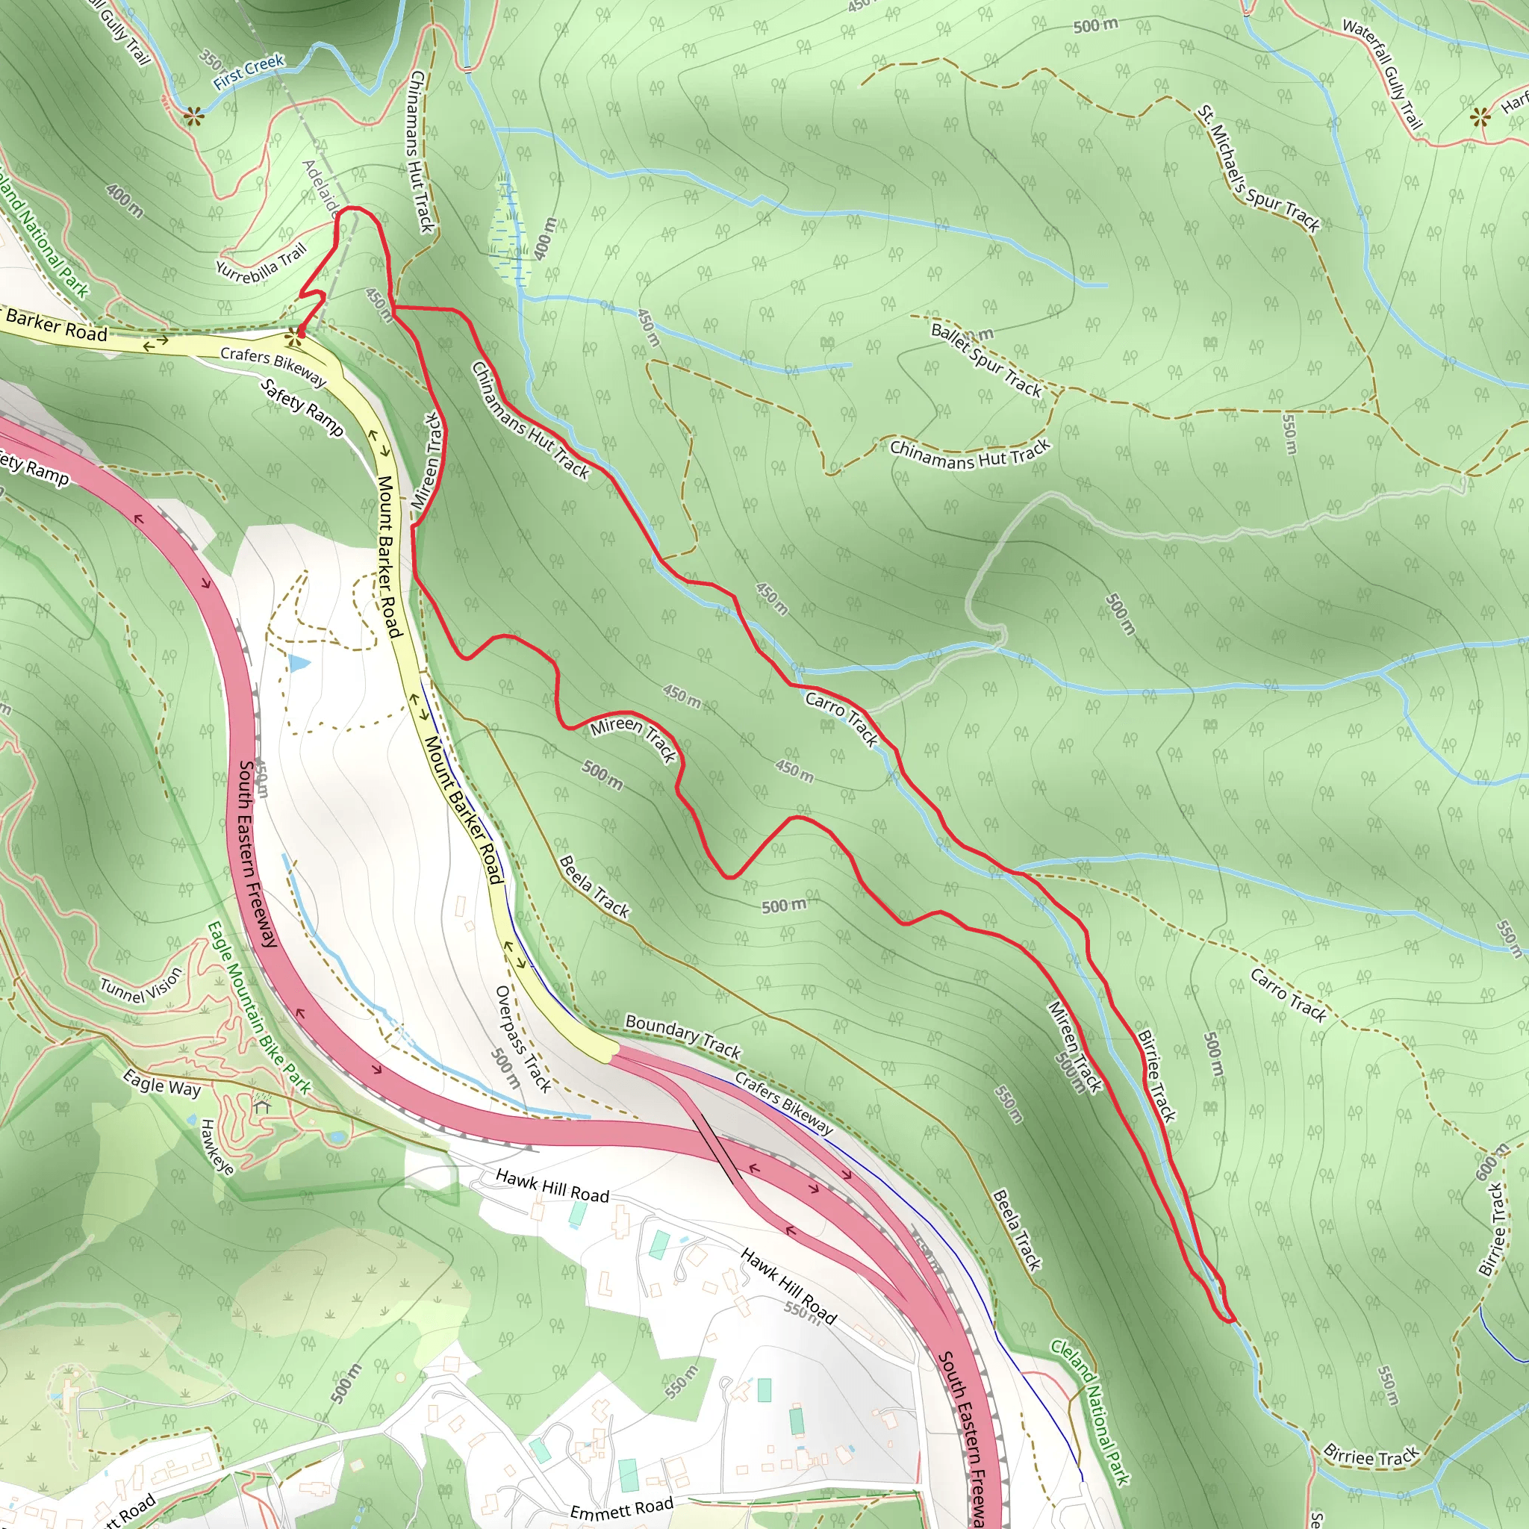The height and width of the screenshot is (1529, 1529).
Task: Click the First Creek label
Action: [x=248, y=71]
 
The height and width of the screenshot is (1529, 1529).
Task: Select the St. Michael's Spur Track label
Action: [x=1257, y=169]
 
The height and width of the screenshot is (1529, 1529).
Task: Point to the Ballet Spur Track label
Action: [x=986, y=359]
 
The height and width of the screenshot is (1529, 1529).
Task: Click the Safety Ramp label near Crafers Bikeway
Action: [x=302, y=408]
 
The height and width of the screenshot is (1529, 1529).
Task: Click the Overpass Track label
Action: [x=523, y=1038]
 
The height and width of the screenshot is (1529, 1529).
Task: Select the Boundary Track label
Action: [x=683, y=1037]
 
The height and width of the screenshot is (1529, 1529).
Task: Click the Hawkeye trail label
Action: [x=216, y=1147]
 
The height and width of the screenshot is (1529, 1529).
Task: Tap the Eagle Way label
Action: [x=161, y=1083]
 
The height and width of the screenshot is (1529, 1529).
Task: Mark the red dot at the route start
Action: [x=301, y=334]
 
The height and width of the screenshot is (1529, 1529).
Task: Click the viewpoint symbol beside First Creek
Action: [x=193, y=118]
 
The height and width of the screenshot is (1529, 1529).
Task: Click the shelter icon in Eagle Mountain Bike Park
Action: [x=262, y=1105]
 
